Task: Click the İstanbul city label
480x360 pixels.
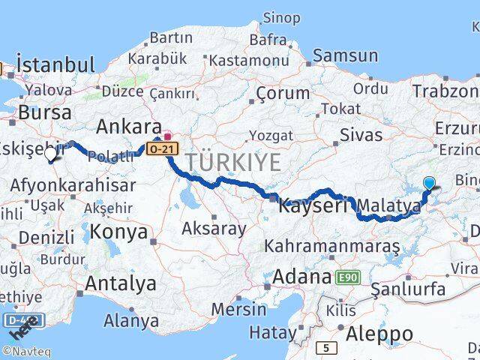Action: point(55,64)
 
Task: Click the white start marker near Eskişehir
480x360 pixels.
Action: point(51,154)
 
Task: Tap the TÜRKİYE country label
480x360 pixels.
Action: point(234,161)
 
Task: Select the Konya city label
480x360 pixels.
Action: point(121,232)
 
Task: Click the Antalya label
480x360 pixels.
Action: point(121,283)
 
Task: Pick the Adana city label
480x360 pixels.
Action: point(302,276)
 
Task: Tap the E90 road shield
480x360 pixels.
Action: point(347,277)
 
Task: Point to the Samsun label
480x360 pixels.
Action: point(345,55)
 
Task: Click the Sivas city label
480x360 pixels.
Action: point(361,135)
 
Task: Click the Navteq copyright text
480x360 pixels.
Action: point(28,350)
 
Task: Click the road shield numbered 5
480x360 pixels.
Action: point(326,348)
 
